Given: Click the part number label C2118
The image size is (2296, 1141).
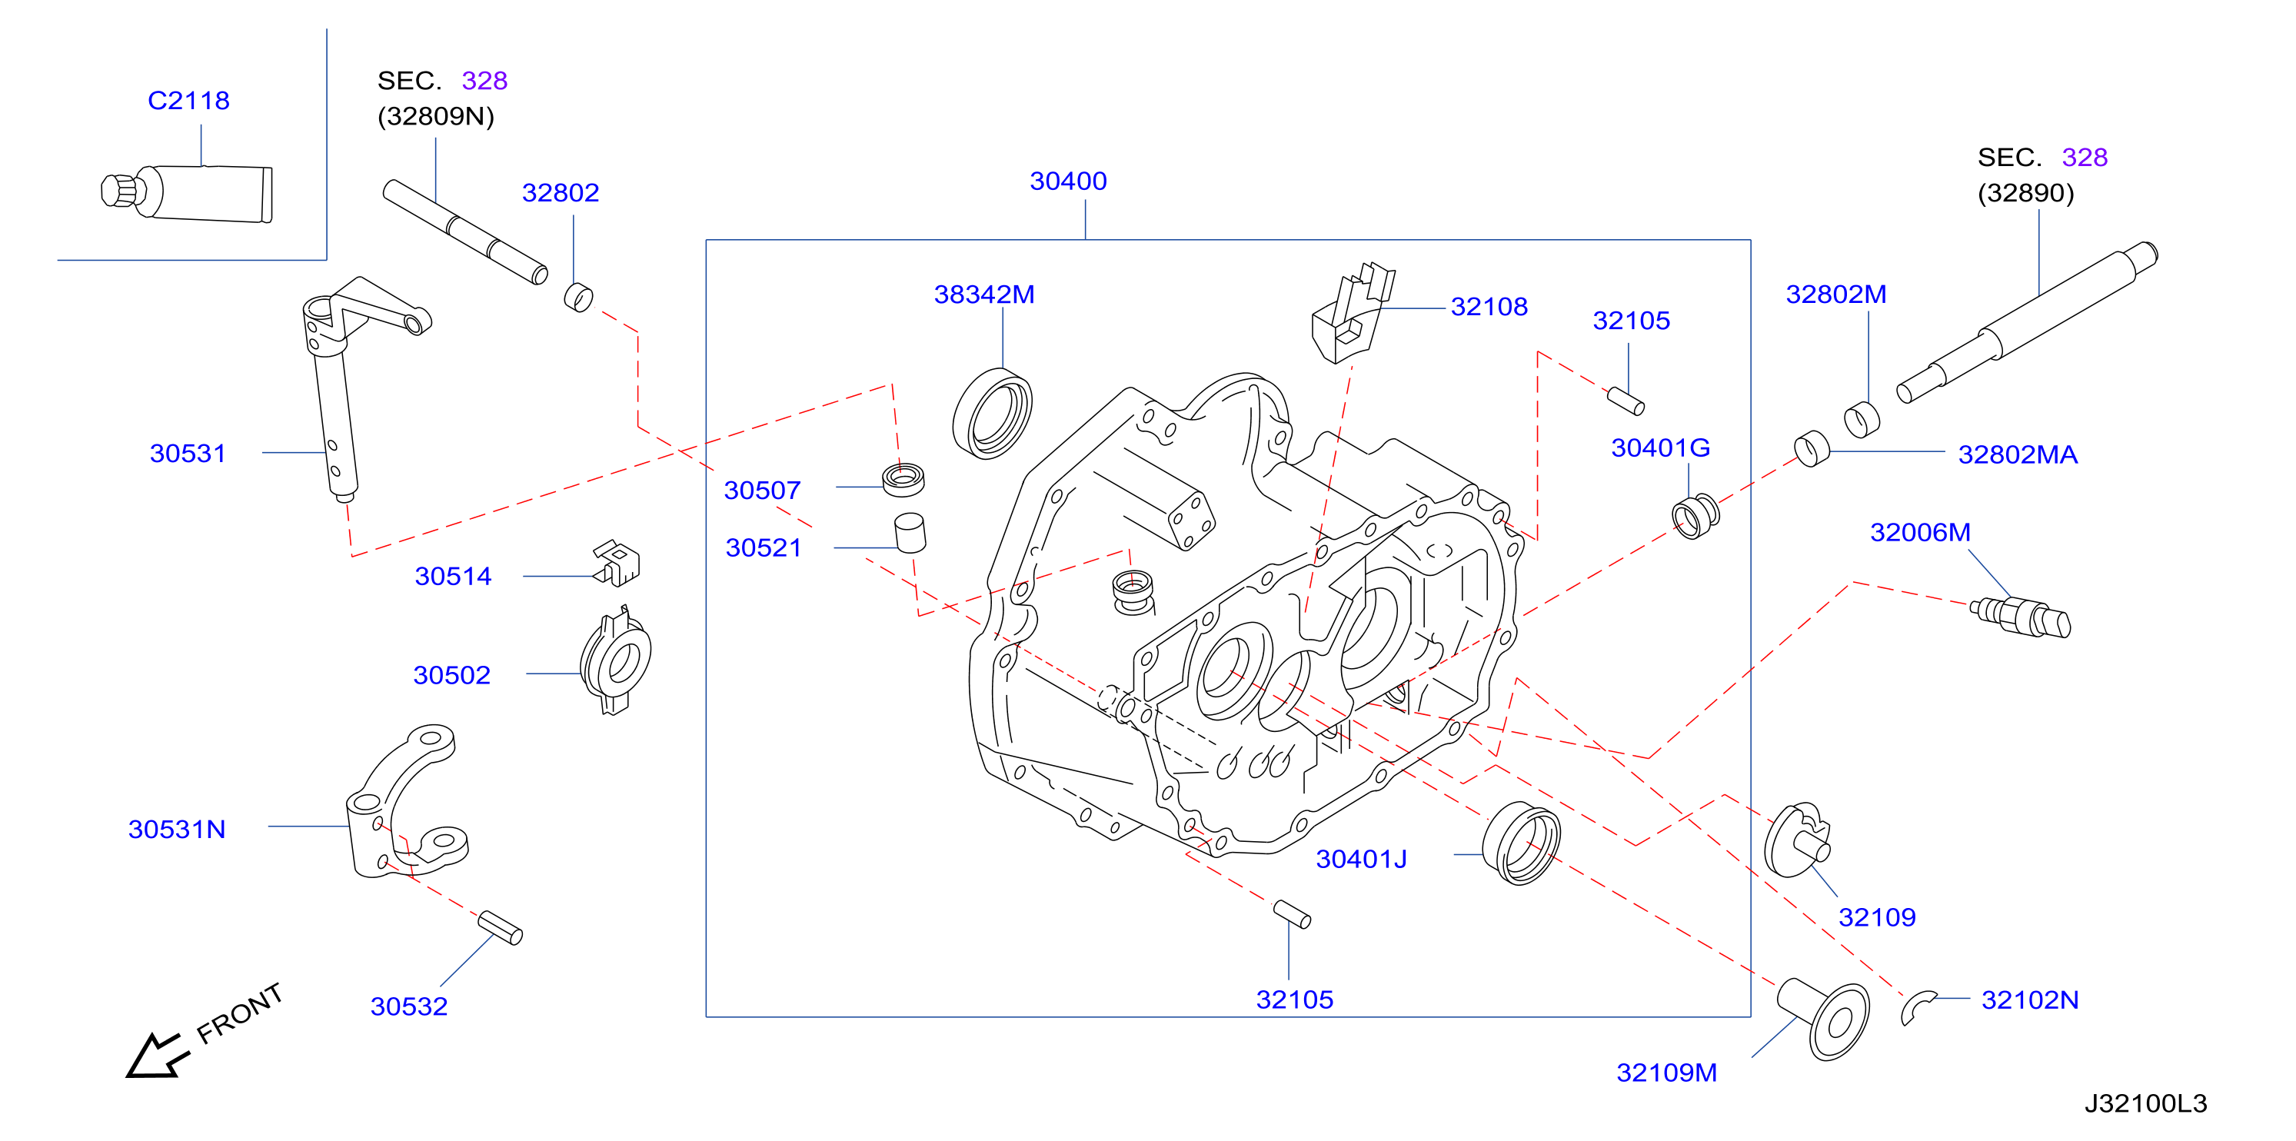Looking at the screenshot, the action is (x=188, y=100).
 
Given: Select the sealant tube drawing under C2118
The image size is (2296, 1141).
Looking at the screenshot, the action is (x=186, y=192).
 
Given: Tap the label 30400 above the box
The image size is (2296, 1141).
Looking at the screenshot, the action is (x=1068, y=181).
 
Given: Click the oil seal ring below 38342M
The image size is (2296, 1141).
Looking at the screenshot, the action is (x=992, y=414).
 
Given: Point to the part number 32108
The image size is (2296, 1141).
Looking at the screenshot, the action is (x=1489, y=307).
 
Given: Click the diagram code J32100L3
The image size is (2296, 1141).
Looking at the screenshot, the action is (x=2145, y=1103).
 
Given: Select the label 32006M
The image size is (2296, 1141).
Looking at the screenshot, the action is (x=1920, y=532).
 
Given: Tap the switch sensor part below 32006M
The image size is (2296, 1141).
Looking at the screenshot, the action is (x=2020, y=616).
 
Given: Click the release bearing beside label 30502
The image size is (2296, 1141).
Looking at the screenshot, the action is (x=615, y=660).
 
